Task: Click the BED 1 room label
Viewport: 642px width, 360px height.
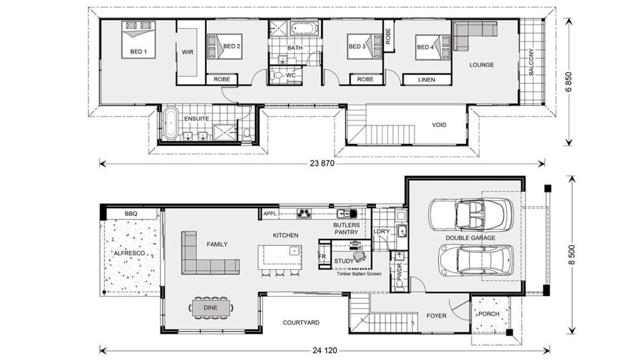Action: [x=139, y=51]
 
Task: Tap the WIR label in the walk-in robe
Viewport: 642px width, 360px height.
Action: [x=187, y=52]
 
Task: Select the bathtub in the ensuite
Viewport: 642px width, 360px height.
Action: [x=169, y=123]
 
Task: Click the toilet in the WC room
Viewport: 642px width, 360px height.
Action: [x=276, y=75]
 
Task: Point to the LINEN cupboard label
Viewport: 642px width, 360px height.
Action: [x=426, y=80]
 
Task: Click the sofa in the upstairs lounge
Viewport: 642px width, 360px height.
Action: [x=471, y=33]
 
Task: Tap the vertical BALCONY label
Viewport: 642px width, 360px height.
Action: [x=531, y=62]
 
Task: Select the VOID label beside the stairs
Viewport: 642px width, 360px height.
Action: [x=439, y=125]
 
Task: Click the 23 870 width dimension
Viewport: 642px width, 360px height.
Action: [x=322, y=164]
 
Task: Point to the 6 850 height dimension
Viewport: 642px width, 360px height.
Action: [x=568, y=82]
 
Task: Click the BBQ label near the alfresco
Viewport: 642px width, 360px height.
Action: [x=131, y=213]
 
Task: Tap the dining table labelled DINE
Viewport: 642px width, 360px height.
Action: [x=211, y=307]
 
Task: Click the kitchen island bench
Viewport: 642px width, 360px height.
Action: [x=280, y=257]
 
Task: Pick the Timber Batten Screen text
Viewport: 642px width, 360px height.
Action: [x=359, y=273]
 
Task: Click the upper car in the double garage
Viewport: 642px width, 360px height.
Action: [x=470, y=214]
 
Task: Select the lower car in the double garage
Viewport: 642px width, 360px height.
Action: [x=476, y=260]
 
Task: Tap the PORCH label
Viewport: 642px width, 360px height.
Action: [x=489, y=314]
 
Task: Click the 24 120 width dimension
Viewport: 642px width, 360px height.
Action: [x=325, y=350]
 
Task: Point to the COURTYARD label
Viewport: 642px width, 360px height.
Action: [x=301, y=322]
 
